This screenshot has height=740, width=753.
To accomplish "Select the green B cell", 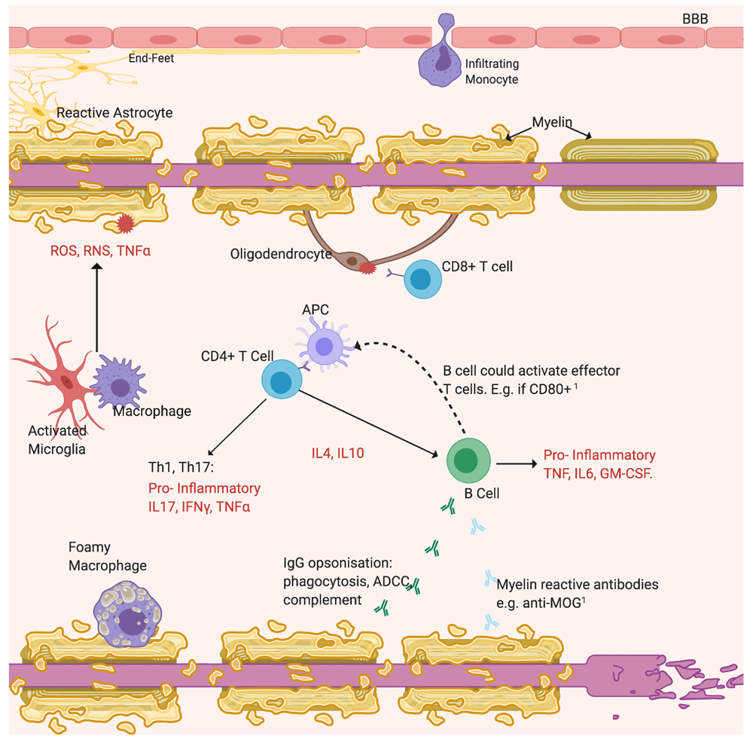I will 468,459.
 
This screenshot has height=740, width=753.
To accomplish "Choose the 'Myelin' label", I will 553,122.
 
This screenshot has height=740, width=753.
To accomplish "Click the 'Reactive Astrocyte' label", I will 114,113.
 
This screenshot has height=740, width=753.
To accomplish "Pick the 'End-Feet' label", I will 151,57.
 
